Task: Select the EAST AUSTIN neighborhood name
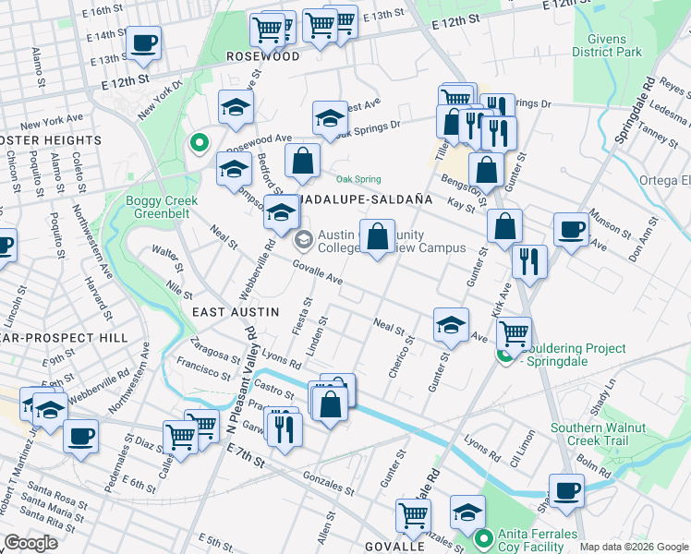(x=235, y=312)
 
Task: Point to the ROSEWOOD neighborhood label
(x=263, y=56)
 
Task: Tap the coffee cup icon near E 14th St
(x=143, y=42)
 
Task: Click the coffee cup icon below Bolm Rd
(x=565, y=490)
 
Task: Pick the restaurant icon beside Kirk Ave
(x=529, y=261)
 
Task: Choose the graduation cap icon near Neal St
(x=451, y=323)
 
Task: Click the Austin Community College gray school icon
(x=302, y=240)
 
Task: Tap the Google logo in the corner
(x=30, y=543)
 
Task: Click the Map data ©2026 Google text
(x=633, y=547)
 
